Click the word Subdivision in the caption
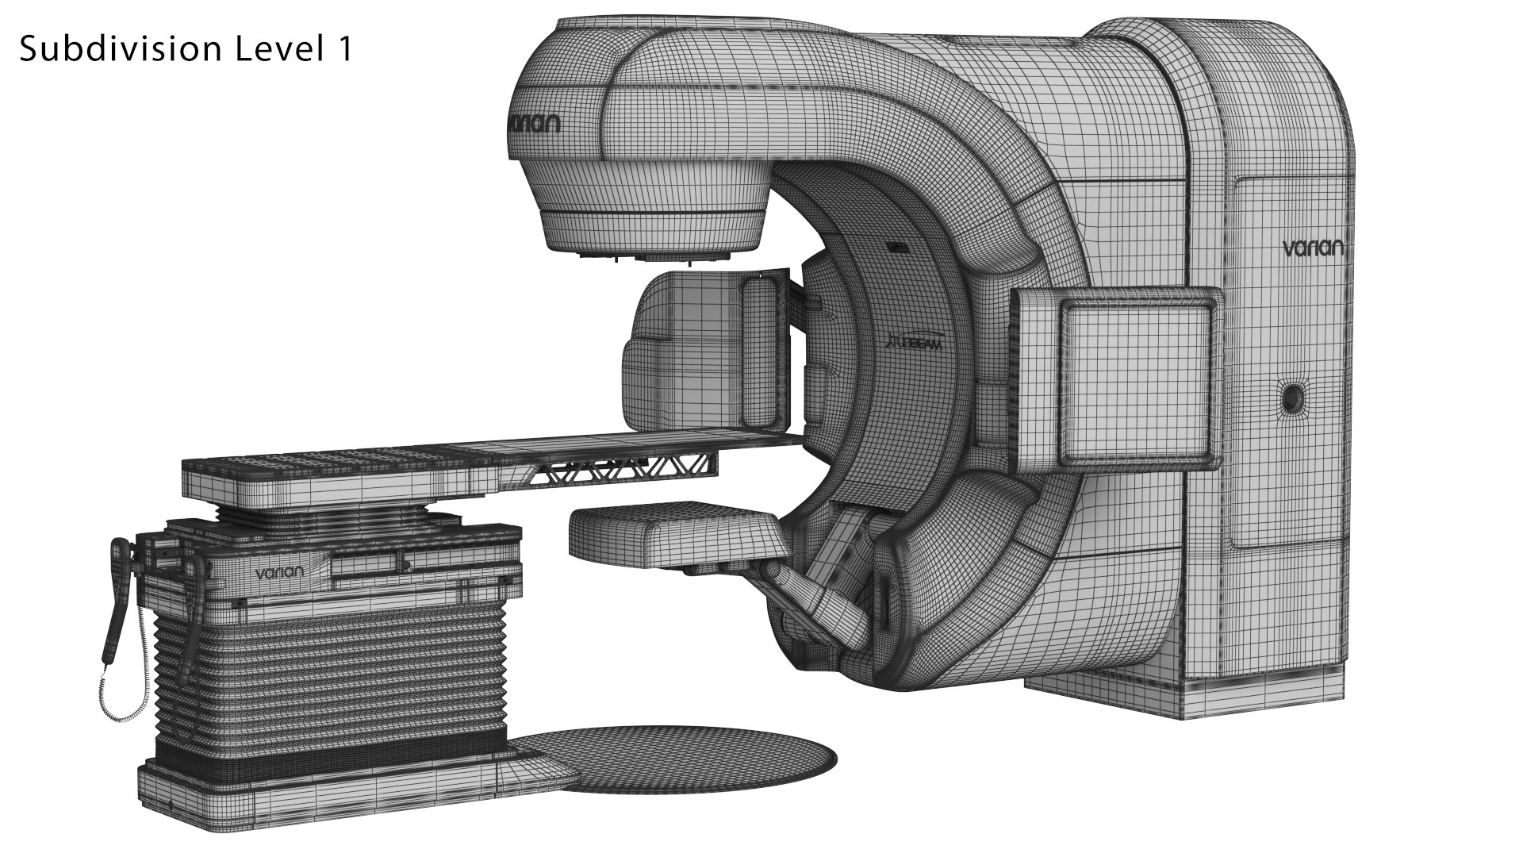(x=119, y=50)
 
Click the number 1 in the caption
(x=343, y=49)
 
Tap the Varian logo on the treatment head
(x=533, y=124)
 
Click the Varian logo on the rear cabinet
(x=1313, y=248)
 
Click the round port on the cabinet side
(x=1292, y=396)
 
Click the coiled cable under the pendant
(x=127, y=698)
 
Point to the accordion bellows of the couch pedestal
(x=333, y=674)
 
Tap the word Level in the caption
(x=274, y=49)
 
